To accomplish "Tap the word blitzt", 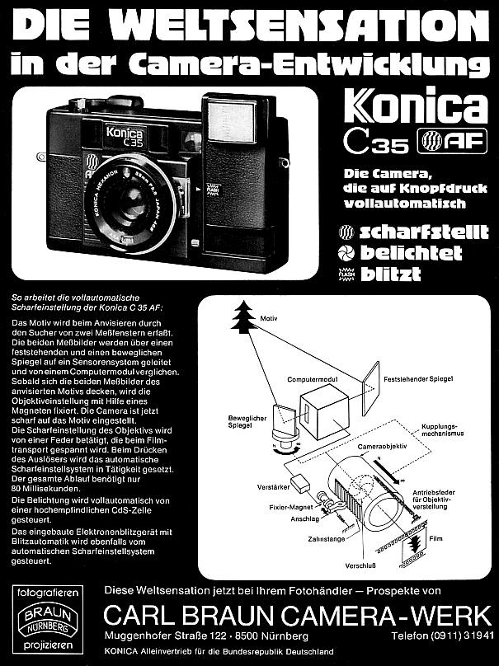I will click(x=393, y=274).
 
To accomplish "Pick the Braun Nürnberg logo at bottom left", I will click(x=40, y=621).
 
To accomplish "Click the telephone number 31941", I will click(x=476, y=637).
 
